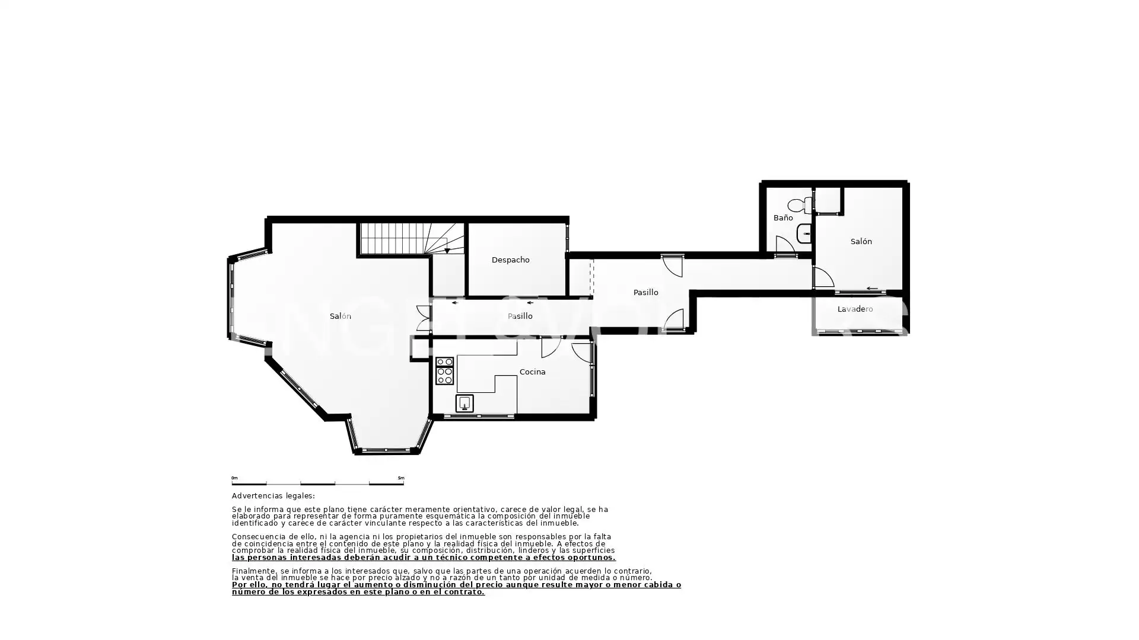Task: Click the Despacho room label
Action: [x=510, y=260]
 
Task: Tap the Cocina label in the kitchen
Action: [x=532, y=372]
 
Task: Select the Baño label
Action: [x=783, y=218]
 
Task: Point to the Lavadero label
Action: [x=855, y=309]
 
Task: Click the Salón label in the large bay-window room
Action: [x=340, y=316]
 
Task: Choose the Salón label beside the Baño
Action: [x=861, y=242]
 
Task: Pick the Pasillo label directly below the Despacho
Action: [x=520, y=316]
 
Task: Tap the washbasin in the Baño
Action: [x=804, y=234]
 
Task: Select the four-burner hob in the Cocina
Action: [x=444, y=371]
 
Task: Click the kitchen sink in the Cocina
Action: [x=464, y=404]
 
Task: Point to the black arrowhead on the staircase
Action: [x=447, y=251]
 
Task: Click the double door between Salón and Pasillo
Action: [x=424, y=318]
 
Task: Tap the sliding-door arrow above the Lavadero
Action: [x=871, y=289]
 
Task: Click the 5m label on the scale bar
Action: [x=401, y=478]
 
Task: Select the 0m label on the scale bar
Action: [x=234, y=478]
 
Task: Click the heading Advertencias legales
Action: [x=273, y=496]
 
